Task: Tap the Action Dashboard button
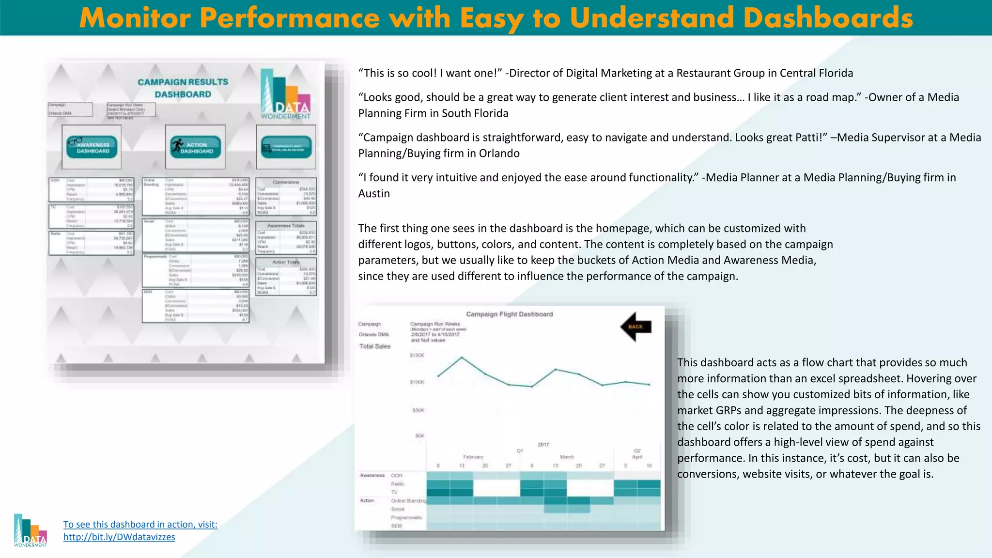coord(195,147)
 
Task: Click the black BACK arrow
coord(635,326)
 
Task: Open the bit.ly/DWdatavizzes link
coord(119,537)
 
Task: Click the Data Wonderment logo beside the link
coord(31,531)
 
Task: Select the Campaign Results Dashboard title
coord(183,88)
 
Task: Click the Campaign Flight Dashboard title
coord(509,314)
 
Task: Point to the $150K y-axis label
coord(417,356)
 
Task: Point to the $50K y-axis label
coord(418,410)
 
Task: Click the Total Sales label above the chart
coord(374,346)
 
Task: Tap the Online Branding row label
coord(408,500)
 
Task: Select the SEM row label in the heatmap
coord(396,526)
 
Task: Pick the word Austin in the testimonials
coord(374,193)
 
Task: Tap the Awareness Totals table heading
coord(286,225)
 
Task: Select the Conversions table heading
coord(286,182)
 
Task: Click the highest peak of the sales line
coord(462,357)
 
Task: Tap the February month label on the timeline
coord(473,457)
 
